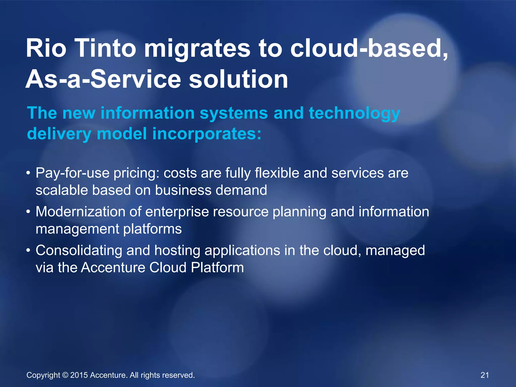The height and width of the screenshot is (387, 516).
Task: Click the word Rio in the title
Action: click(x=46, y=48)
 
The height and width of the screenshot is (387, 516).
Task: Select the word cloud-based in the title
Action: click(x=369, y=48)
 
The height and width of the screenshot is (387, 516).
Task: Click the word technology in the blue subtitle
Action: click(x=354, y=113)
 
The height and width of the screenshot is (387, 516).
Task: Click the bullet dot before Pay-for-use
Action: click(x=28, y=173)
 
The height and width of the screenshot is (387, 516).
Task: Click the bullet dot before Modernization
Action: click(x=28, y=212)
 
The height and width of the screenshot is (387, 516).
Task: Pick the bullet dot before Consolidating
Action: click(x=28, y=251)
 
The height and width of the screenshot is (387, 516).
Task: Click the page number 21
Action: click(x=485, y=375)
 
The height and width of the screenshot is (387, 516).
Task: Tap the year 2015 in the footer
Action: click(x=79, y=375)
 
